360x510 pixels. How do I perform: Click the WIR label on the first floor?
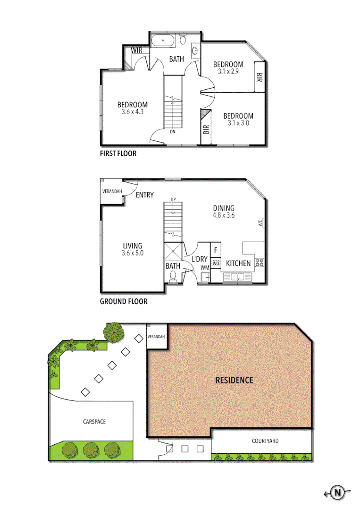pos(137,50)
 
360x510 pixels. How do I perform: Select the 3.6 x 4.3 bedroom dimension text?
pos(132,112)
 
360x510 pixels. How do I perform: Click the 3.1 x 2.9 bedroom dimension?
pos(228,72)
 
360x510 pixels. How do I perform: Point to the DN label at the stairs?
pos(173,132)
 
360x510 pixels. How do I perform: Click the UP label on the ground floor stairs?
pos(173,200)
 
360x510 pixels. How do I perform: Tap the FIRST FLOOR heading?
pos(118,153)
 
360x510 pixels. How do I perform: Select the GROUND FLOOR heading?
pos(124,301)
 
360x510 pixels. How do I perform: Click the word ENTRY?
pos(144,195)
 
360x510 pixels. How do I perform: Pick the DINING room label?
pos(224,208)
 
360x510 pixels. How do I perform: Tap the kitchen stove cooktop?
pos(259,263)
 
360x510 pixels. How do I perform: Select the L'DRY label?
pos(200,259)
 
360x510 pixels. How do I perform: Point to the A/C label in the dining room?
pos(261,222)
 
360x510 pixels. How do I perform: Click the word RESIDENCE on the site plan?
pos(234,380)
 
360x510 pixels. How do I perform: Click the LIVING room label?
pos(133,246)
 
